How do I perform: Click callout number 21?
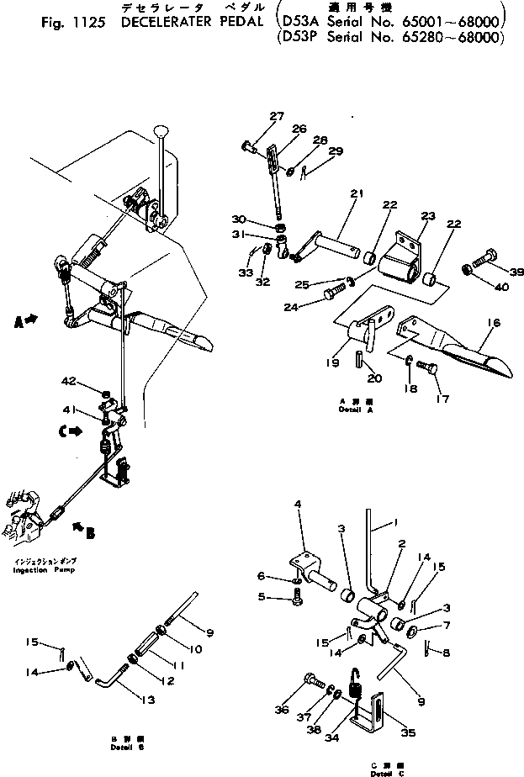pos(357,193)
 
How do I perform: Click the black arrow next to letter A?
pos(32,319)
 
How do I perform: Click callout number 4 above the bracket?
pos(298,504)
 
